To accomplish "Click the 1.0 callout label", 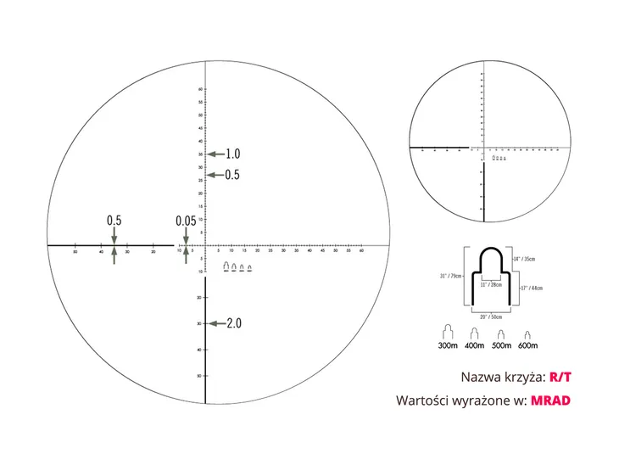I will [233, 154].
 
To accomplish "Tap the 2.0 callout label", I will [234, 323].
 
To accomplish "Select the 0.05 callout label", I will [186, 221].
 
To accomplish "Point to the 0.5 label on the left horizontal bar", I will [114, 221].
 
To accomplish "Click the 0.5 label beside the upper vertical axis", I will [232, 175].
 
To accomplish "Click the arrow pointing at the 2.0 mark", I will [215, 323].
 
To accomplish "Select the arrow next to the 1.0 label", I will [215, 154].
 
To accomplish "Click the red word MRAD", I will [551, 401].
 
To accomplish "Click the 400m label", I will [475, 345].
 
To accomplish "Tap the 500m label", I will [501, 345].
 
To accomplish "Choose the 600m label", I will [527, 345].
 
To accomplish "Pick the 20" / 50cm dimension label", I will [489, 317].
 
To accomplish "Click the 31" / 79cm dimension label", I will [450, 276].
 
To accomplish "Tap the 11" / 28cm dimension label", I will [490, 285].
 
